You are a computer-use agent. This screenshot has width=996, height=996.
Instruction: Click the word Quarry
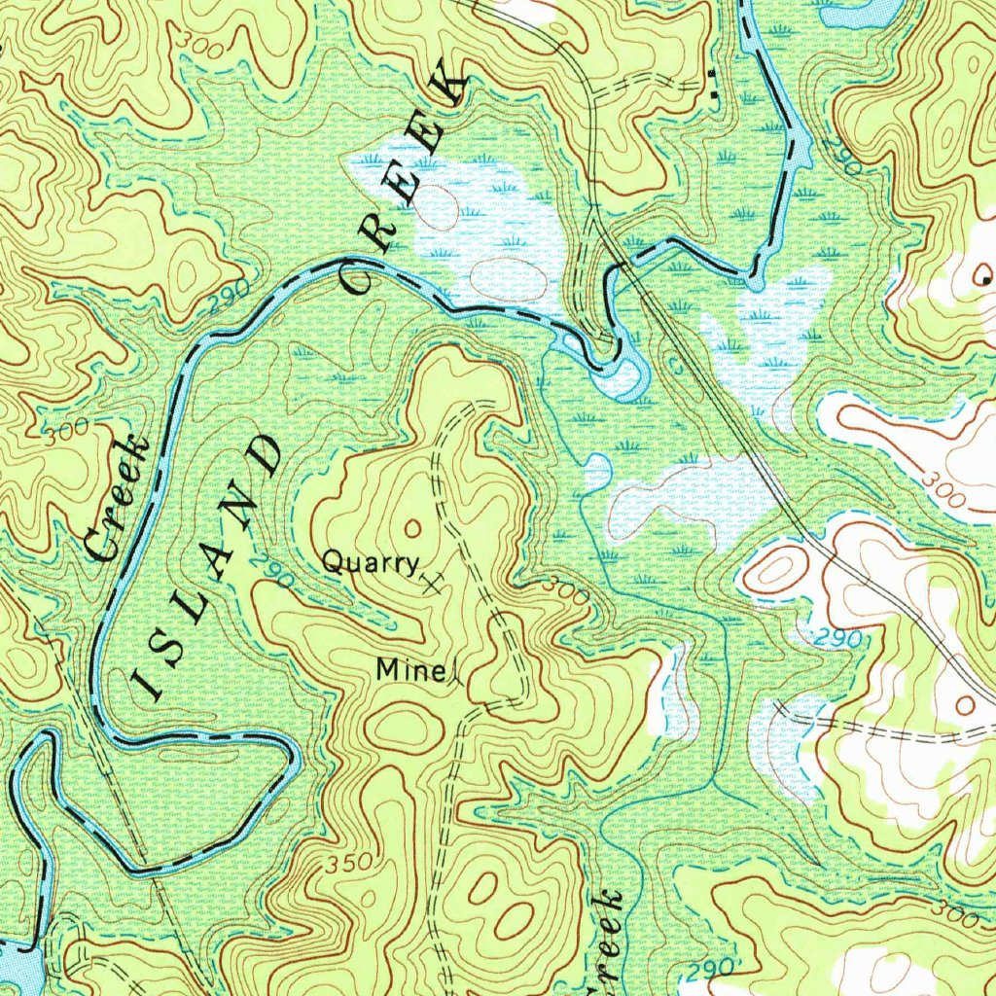coord(370,563)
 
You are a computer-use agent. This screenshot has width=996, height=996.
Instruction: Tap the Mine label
coord(409,669)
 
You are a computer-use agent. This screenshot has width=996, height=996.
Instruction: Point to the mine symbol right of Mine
coord(454,673)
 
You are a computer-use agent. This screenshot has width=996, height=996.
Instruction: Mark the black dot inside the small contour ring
coord(986,280)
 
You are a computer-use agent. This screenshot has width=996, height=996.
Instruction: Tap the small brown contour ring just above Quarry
coord(410,528)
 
